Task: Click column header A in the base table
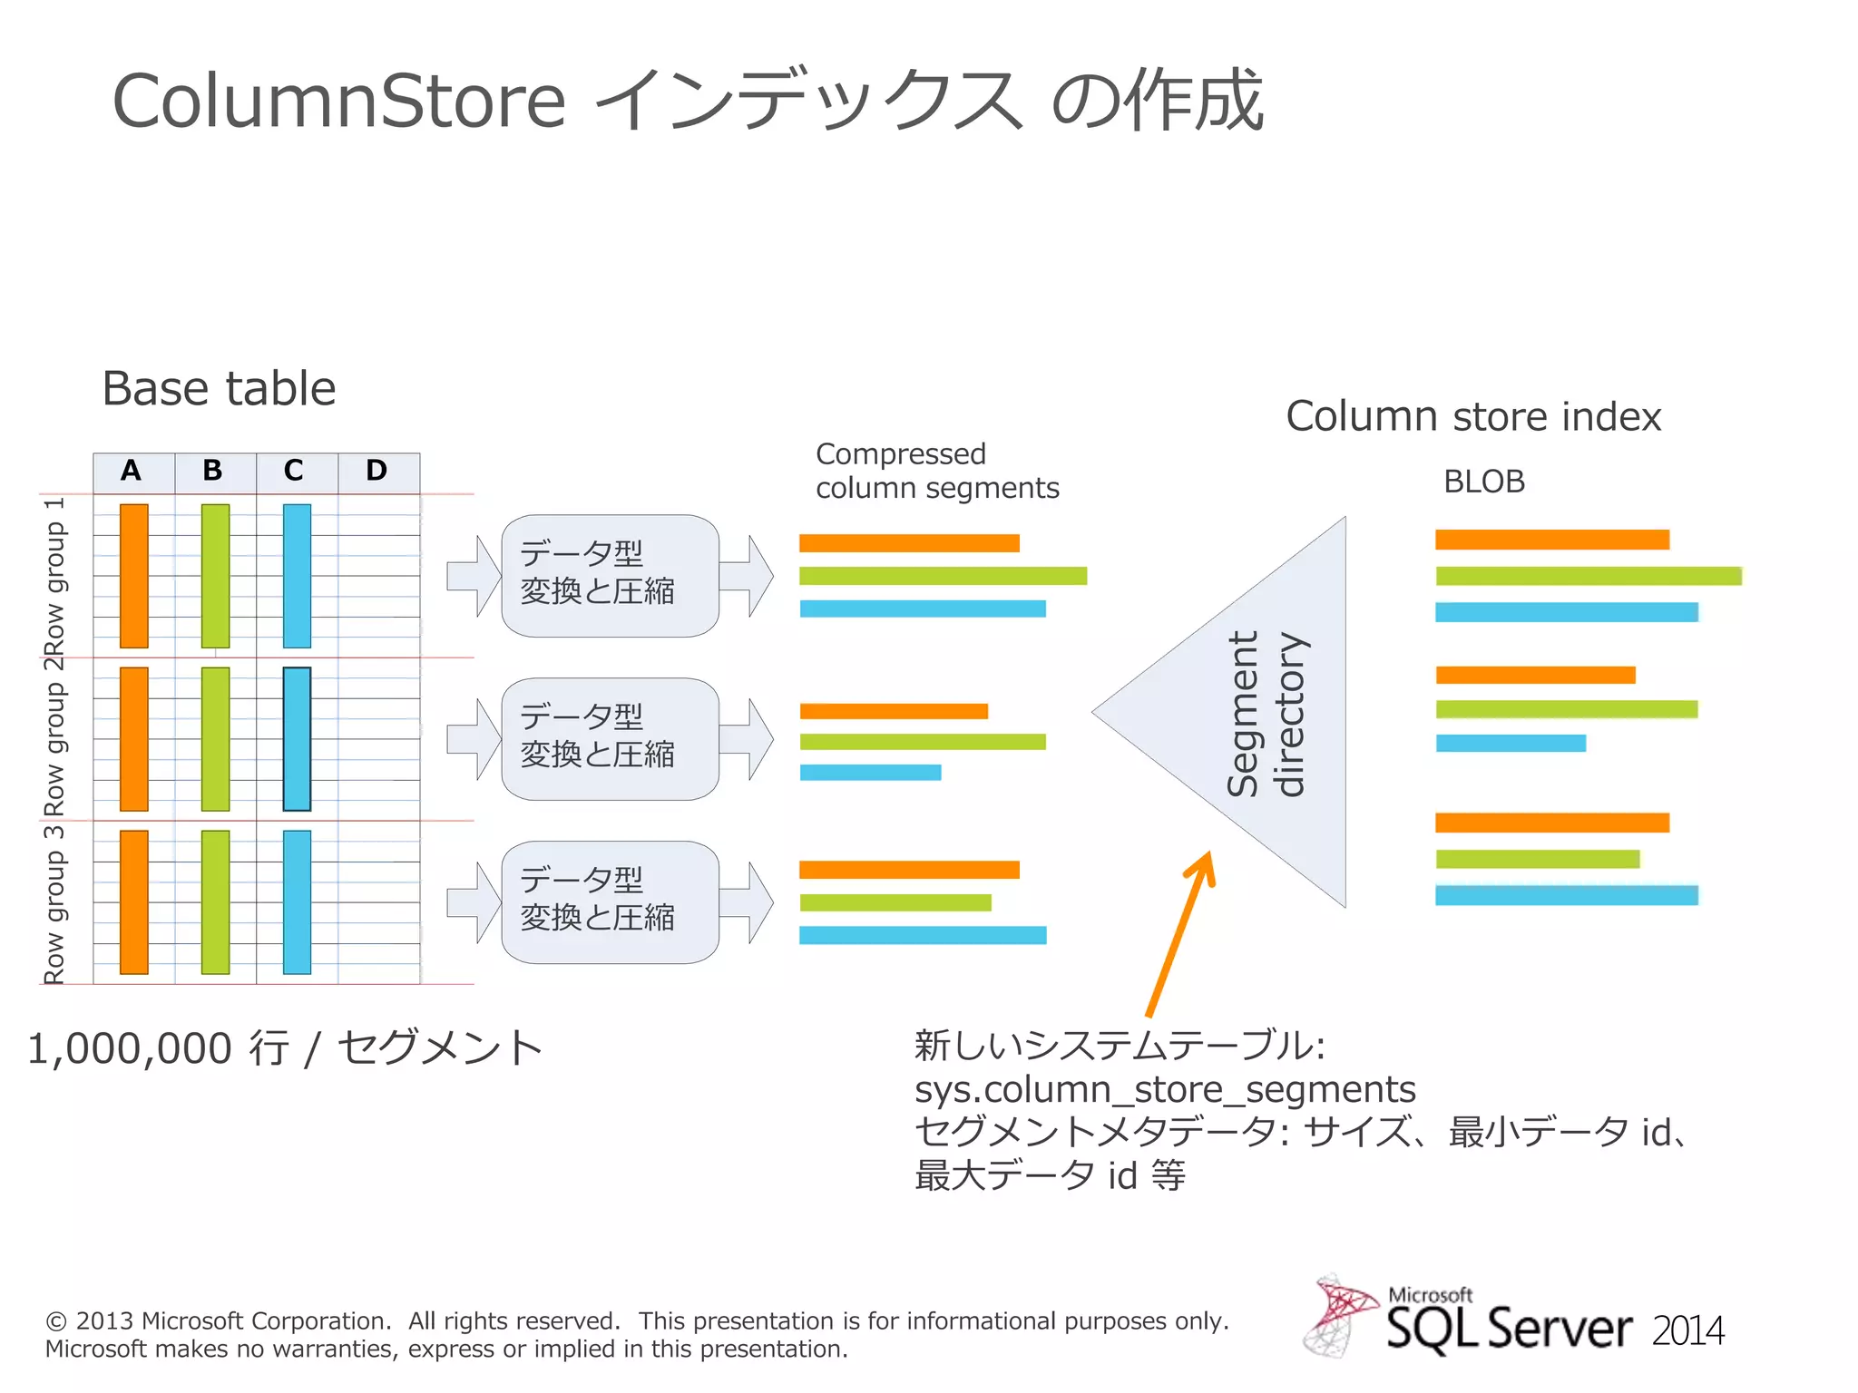[132, 471]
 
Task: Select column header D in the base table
[377, 471]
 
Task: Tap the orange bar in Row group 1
[134, 576]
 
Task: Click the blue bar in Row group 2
[297, 738]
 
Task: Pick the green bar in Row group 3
[215, 901]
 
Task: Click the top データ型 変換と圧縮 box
[610, 575]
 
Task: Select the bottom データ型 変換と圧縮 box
[610, 901]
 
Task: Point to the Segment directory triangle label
[1266, 714]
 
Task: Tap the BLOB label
[1483, 482]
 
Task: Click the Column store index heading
[1472, 416]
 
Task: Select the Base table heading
[219, 388]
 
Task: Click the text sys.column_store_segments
[1164, 1089]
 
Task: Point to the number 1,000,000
[130, 1048]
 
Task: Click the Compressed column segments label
[936, 471]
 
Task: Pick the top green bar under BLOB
[1588, 576]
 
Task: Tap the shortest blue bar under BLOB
[1511, 743]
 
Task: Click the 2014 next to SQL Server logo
[1687, 1331]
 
